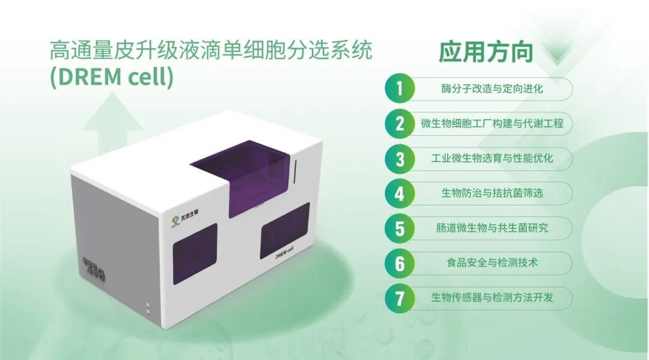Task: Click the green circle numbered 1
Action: (x=400, y=88)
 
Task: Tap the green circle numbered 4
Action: (x=400, y=194)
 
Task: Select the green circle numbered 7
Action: (x=400, y=298)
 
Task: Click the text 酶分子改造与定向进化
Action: (x=492, y=88)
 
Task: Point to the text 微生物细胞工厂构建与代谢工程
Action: (x=492, y=123)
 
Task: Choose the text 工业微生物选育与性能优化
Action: (x=492, y=158)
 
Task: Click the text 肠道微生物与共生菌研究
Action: (x=492, y=228)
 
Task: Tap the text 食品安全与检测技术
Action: (x=492, y=263)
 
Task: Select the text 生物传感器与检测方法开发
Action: (x=492, y=297)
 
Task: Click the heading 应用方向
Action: (x=486, y=52)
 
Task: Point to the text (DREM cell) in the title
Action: (x=111, y=77)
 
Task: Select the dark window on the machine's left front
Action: (x=195, y=254)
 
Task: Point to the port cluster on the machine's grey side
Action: (x=94, y=269)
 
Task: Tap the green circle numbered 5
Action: (x=400, y=228)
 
